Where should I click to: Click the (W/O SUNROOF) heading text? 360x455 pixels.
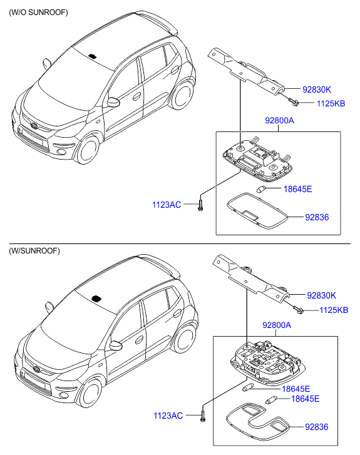pos(38,13)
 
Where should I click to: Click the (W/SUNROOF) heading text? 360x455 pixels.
pos(34,251)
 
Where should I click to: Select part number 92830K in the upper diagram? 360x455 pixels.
pos(317,89)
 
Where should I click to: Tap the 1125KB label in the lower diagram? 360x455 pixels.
pos(334,310)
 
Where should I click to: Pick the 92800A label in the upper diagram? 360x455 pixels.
pos(279,120)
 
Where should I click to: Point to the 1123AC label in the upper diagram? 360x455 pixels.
pos(167,205)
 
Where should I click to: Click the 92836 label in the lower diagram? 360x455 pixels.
pos(317,427)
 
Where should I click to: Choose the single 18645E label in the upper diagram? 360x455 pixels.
pos(298,189)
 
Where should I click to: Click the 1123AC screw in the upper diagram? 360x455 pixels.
pos(200,205)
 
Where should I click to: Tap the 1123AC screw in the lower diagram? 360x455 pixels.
pos(203,416)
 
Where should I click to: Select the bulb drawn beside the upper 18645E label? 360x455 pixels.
pos(260,189)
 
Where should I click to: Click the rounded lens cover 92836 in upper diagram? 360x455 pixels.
pos(257,211)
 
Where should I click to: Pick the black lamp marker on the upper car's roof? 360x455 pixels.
pos(93,56)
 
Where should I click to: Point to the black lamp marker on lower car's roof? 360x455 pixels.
pos(96,299)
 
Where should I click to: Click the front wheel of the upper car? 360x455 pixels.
pos(87,148)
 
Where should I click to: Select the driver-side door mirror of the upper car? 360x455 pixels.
pos(113,102)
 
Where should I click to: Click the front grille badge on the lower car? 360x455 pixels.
pos(36,369)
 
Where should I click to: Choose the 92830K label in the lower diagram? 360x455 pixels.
pos(321,295)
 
